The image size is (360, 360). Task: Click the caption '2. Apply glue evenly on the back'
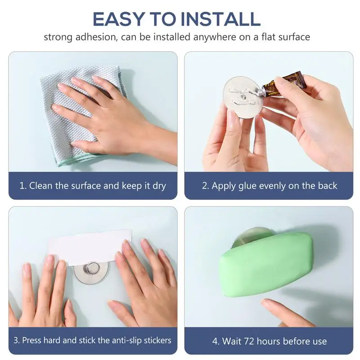click(269, 185)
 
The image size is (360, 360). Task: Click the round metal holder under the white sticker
click(92, 273)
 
